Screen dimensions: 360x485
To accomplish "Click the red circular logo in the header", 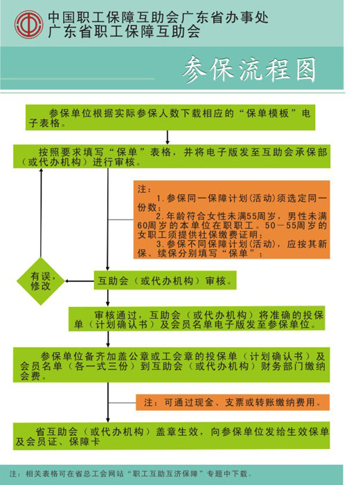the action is [29, 24].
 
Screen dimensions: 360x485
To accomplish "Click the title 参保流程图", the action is [249, 69].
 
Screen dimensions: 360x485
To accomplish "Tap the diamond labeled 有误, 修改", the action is [41, 281].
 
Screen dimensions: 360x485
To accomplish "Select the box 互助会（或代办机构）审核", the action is [165, 280].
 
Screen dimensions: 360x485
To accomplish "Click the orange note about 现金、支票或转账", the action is [233, 402].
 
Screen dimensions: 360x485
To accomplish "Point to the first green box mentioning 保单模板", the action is [170, 118].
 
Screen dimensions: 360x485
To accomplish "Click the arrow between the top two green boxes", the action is [168, 137].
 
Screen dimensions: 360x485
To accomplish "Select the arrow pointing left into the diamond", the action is [80, 281].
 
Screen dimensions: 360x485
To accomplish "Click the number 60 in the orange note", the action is [143, 225].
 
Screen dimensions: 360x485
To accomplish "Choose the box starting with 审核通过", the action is [197, 319].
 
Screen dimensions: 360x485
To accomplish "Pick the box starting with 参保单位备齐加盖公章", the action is [171, 364].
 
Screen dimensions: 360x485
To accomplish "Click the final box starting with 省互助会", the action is [171, 436].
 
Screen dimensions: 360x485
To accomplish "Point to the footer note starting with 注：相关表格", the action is [130, 473].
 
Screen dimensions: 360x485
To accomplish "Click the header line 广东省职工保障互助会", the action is [124, 31].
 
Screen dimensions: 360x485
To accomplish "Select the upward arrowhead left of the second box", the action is [41, 171].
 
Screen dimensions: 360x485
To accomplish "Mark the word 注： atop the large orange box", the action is [145, 188].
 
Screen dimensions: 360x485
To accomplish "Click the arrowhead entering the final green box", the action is [108, 419].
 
